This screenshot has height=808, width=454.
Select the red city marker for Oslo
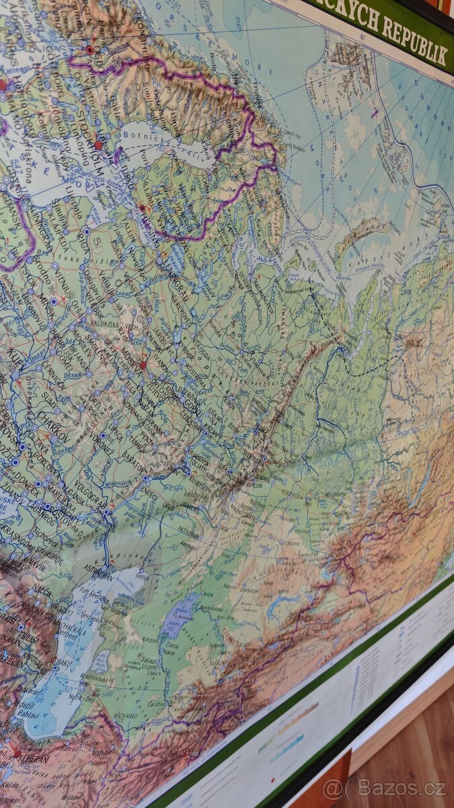[x=89, y=49]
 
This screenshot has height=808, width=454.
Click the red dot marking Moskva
[x=143, y=365]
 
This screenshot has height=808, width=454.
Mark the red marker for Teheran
[x=15, y=753]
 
